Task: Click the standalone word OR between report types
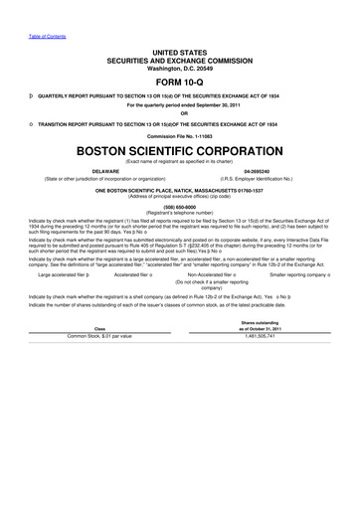pos(180,111)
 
